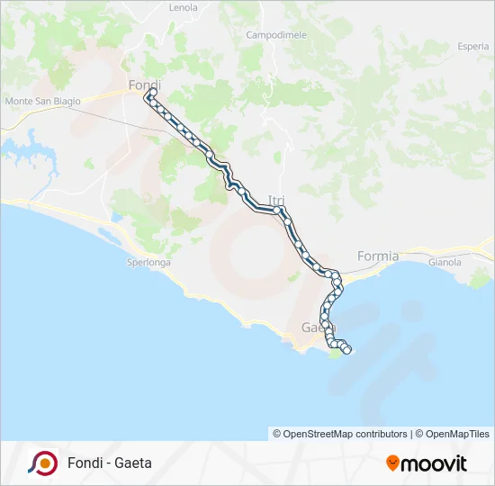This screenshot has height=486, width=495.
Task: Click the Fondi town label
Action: (144, 85)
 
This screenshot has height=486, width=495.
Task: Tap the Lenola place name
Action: (183, 7)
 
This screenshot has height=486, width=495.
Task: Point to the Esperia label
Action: (472, 46)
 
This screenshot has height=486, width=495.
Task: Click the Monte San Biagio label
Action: (42, 101)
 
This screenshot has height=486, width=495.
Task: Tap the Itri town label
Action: (275, 201)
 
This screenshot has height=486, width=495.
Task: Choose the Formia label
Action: (377, 256)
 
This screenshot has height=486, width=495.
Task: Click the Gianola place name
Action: (445, 263)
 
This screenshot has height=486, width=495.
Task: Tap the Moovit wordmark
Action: (435, 463)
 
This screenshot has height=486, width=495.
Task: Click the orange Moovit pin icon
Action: (392, 463)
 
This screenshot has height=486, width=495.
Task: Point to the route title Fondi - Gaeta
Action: (109, 463)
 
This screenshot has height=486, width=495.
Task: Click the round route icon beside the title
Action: (42, 463)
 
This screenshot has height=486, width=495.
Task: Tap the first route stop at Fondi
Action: (152, 93)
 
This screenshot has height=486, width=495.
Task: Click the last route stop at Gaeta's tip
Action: (346, 350)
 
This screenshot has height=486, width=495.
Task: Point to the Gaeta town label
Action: (314, 327)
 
